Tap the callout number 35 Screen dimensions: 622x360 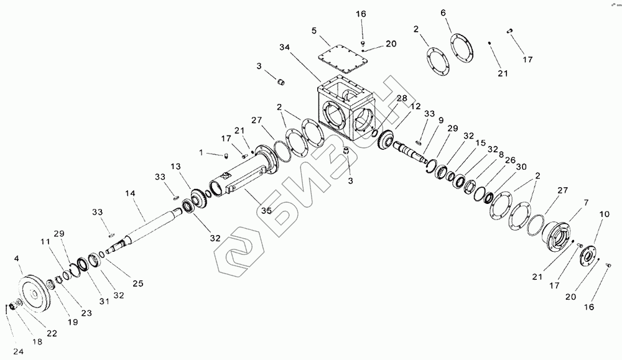coord(266,211)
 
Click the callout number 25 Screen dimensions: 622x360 coord(137,283)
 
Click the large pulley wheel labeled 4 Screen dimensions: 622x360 coord(36,293)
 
